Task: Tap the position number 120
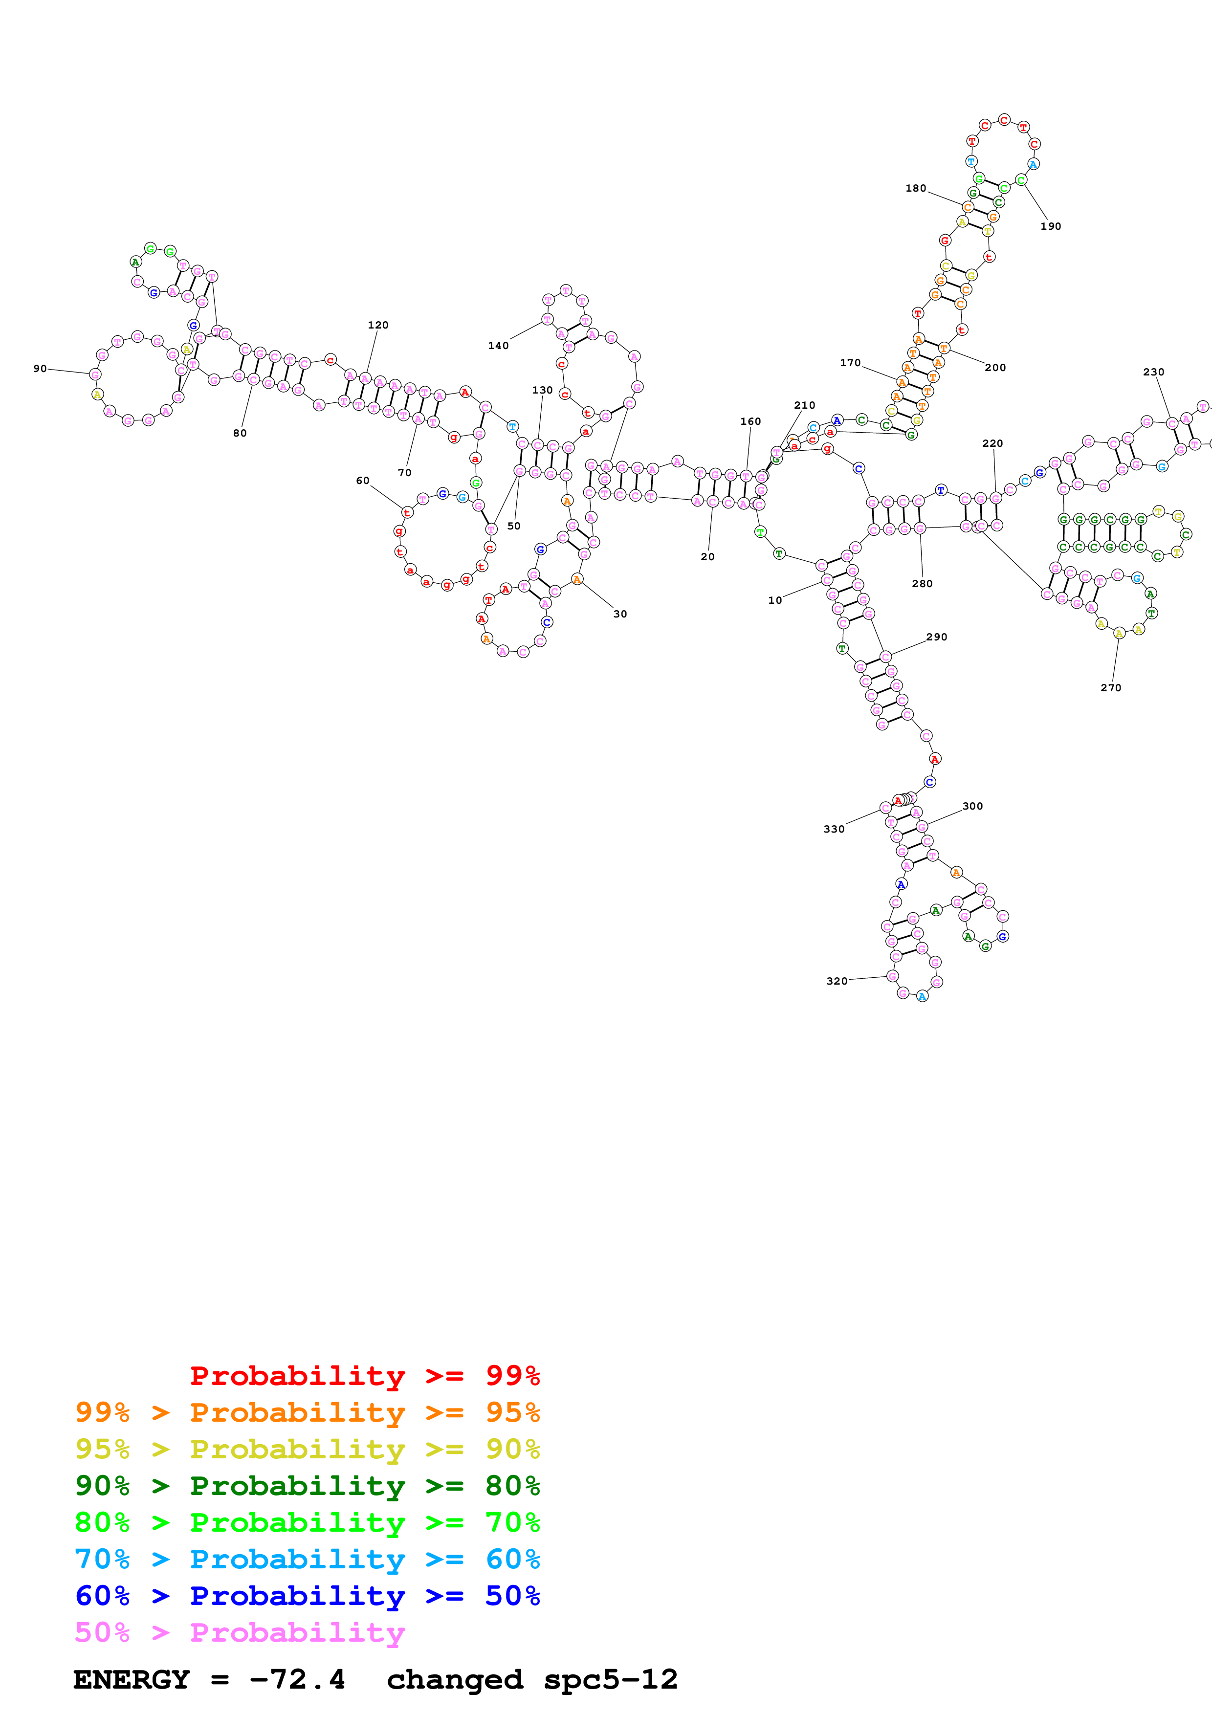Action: (x=378, y=325)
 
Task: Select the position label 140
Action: (x=498, y=345)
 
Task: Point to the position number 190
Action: (x=1051, y=226)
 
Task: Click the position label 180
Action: (x=916, y=188)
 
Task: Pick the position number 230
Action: (x=1154, y=372)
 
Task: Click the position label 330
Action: (x=834, y=829)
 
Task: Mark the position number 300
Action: (x=972, y=806)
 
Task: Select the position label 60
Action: (x=362, y=480)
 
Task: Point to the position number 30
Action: (x=620, y=614)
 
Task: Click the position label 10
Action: (x=775, y=600)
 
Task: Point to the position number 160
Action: (x=750, y=421)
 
